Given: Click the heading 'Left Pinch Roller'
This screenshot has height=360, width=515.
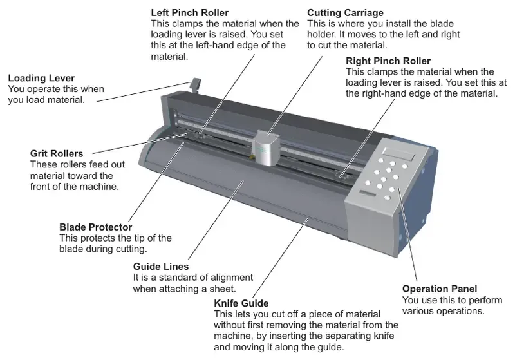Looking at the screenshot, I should [x=189, y=12].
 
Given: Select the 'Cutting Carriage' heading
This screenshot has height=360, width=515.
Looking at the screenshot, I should [x=346, y=12].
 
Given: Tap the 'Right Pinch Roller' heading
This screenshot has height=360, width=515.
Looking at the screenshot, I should [x=388, y=61].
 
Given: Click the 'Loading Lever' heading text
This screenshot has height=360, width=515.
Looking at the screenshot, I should [x=40, y=78].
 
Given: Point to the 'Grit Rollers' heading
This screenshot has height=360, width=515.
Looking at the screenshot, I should [x=57, y=154].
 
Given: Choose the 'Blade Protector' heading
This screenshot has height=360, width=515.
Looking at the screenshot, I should [x=95, y=227].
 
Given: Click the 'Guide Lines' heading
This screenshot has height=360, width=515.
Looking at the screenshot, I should [x=161, y=267].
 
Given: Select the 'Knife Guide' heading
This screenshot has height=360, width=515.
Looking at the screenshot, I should [x=241, y=303].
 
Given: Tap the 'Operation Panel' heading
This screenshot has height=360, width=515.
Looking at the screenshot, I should [x=440, y=289].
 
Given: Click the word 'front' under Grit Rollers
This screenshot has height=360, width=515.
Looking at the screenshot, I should [x=42, y=187].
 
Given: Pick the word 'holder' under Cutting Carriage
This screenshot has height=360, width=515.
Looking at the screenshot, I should [x=321, y=34].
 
